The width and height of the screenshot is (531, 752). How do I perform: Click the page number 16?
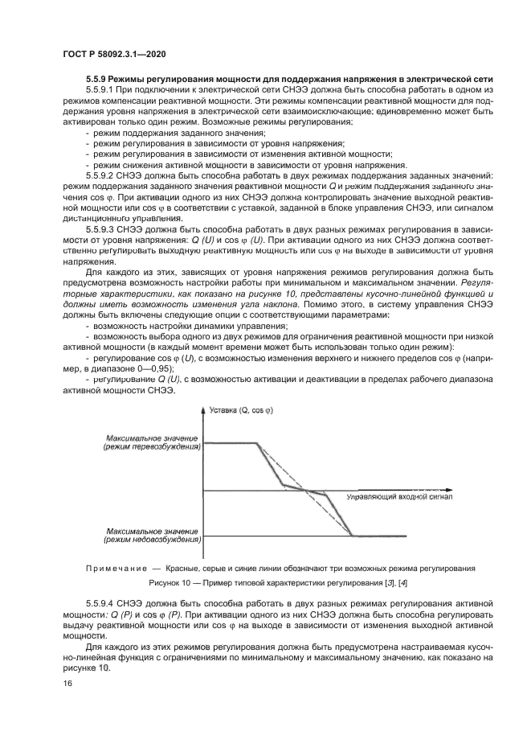tap(67, 684)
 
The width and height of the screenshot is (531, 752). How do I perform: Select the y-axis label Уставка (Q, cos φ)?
tap(241, 410)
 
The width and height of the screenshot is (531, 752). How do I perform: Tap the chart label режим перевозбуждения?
tap(150, 446)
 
